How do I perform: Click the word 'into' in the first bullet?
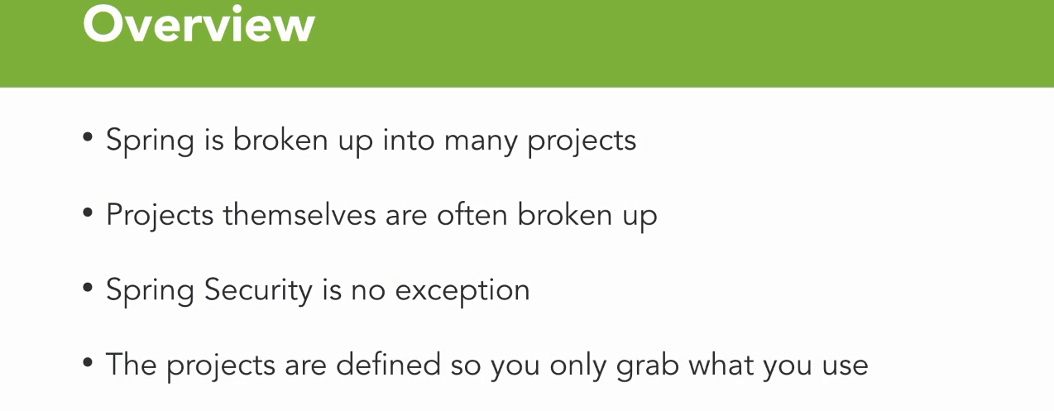[x=409, y=140]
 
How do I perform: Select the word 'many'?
[x=481, y=143]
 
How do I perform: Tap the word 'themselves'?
[x=299, y=214]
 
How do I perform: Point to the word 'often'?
[x=472, y=214]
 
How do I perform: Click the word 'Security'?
[x=258, y=290]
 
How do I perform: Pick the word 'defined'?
[x=388, y=364]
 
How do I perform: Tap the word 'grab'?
[x=648, y=367]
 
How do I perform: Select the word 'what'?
[x=721, y=364]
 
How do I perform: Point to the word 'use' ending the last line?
[x=845, y=368]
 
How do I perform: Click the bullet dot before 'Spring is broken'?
[x=88, y=138]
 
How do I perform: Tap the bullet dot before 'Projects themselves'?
[x=88, y=213]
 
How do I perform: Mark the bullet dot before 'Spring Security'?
[x=88, y=288]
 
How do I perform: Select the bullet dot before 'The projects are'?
[x=88, y=362]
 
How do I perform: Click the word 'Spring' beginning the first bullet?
[x=150, y=141]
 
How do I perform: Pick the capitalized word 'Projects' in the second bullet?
[x=160, y=217]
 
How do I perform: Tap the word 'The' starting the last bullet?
[x=132, y=364]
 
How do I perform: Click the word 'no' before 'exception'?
[x=368, y=293]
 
